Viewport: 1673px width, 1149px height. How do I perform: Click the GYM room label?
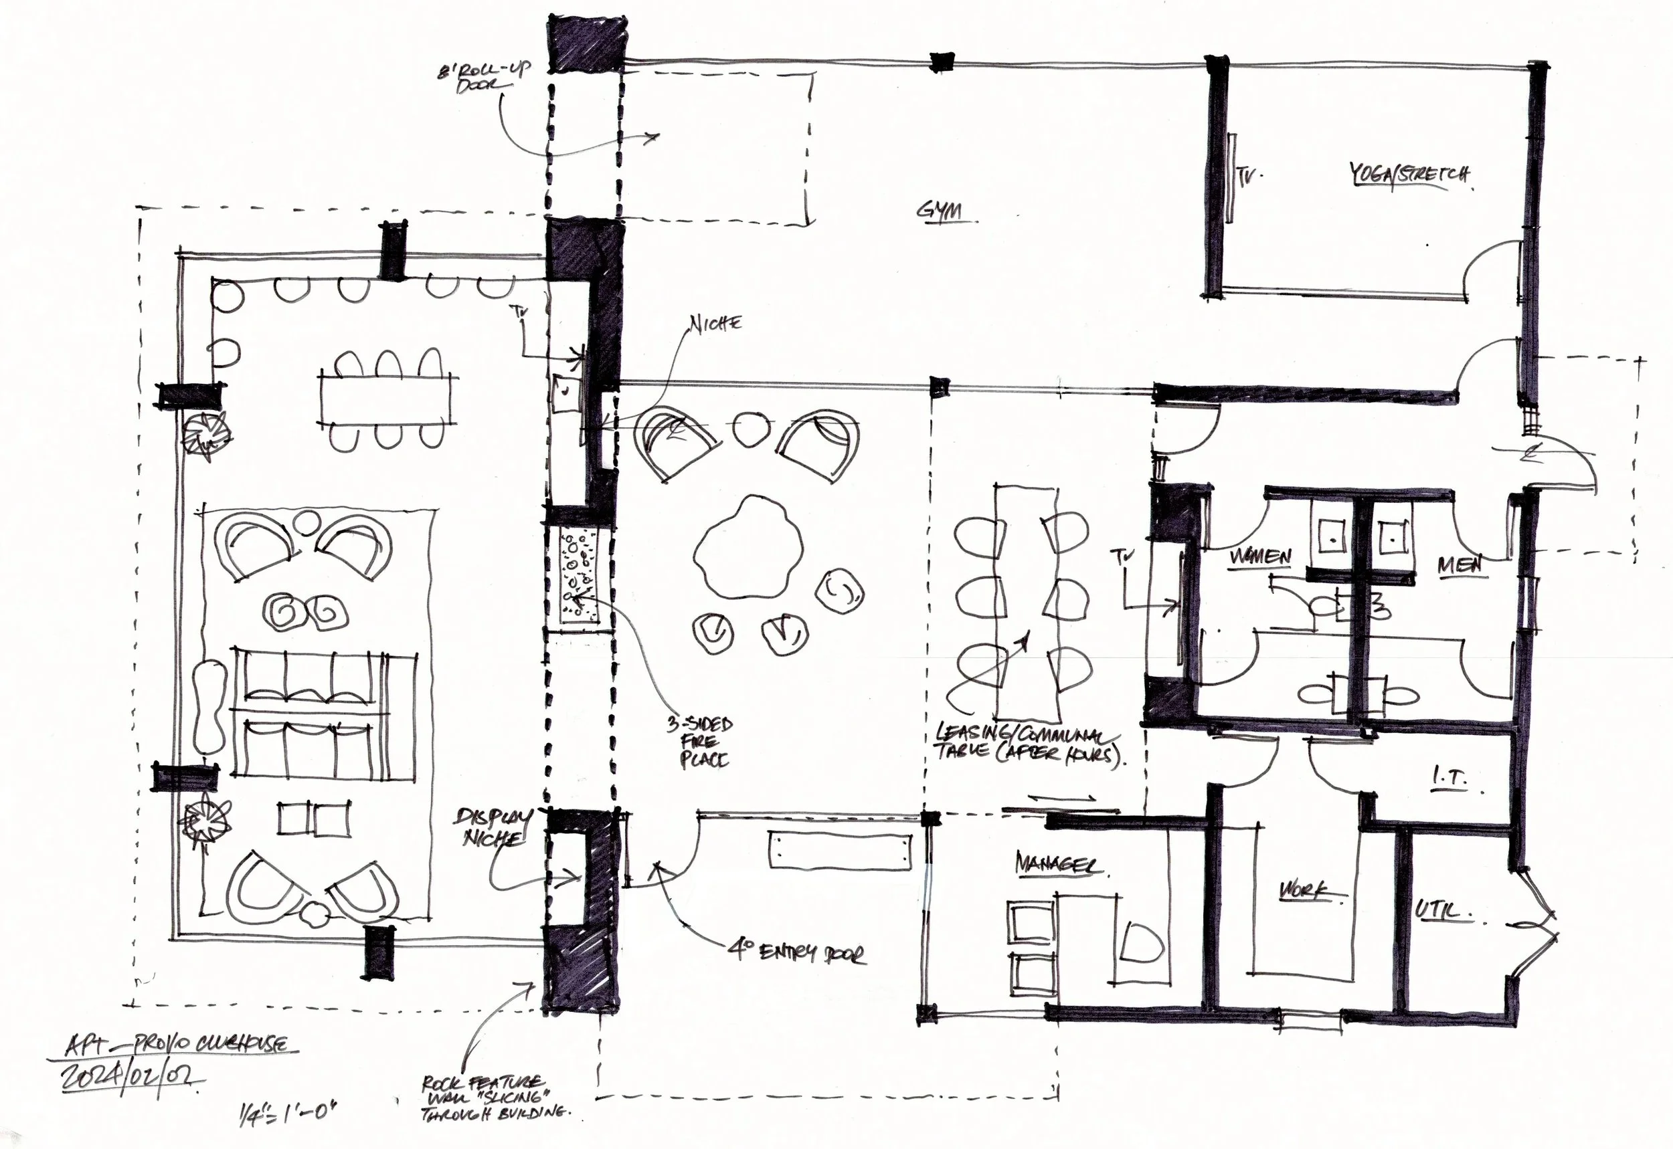click(940, 211)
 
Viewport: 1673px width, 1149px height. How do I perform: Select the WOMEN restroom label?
click(1259, 557)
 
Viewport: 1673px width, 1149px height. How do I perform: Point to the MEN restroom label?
click(1460, 566)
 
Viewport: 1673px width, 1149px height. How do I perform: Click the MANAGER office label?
click(1057, 863)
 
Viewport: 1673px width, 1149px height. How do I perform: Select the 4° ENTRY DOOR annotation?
click(796, 953)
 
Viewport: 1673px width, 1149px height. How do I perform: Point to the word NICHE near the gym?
click(715, 323)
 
